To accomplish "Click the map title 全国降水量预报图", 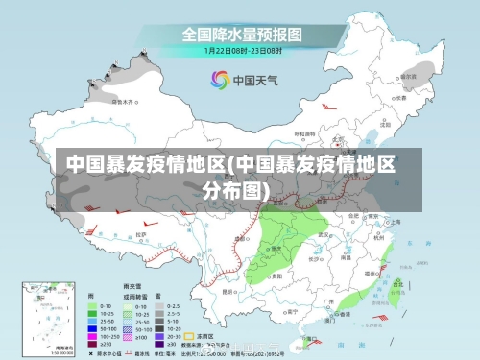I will (241, 34).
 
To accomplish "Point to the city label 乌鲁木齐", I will (124, 100).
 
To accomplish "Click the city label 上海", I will (393, 221).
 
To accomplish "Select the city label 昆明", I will (228, 291).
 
